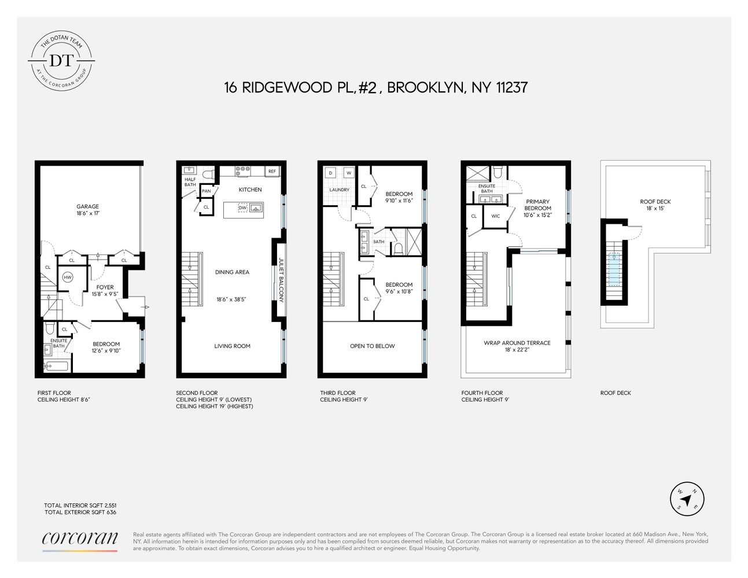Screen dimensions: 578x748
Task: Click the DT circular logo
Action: tap(62, 60)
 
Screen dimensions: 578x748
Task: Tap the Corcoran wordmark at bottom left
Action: tap(80, 538)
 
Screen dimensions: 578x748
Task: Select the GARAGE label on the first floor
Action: tap(88, 206)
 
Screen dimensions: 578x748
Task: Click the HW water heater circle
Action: tap(68, 277)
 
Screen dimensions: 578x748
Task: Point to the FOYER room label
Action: tap(105, 287)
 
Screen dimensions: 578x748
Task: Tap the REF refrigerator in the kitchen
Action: tap(272, 171)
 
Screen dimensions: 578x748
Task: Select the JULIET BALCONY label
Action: tap(281, 280)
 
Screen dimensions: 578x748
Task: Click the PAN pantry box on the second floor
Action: tap(207, 191)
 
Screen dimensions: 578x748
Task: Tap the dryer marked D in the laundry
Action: tap(330, 173)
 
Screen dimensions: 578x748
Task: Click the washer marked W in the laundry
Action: tap(348, 173)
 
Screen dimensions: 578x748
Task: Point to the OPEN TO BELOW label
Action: tap(372, 346)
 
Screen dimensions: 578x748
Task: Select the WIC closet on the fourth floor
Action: tap(496, 216)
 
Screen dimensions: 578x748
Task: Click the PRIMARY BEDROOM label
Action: tap(537, 205)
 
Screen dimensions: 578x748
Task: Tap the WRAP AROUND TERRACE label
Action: tap(517, 343)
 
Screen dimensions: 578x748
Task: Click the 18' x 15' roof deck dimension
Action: tap(655, 208)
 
